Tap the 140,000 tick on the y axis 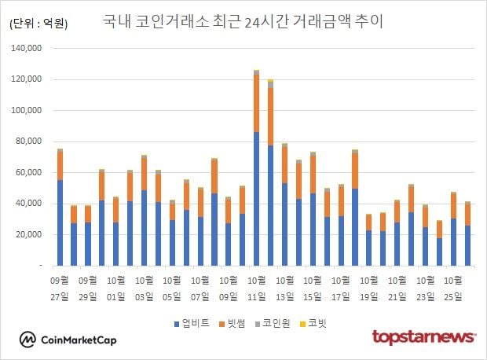click(27, 49)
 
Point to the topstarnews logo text click(423, 338)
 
